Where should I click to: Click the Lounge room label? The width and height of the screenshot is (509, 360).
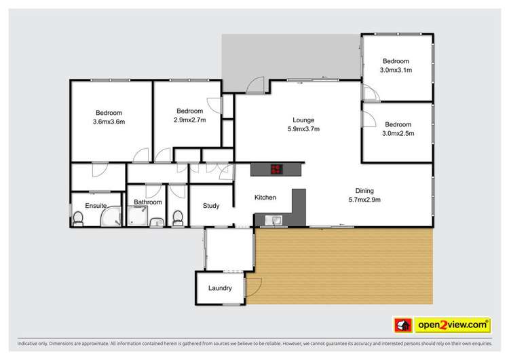click(x=303, y=120)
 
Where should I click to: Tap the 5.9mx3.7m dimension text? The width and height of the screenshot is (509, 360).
click(x=303, y=129)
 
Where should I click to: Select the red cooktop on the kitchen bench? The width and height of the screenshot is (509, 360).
click(x=276, y=170)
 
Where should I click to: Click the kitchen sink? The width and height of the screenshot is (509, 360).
click(x=276, y=219)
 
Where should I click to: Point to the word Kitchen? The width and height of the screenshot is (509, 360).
click(x=265, y=198)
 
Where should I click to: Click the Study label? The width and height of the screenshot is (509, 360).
click(x=211, y=205)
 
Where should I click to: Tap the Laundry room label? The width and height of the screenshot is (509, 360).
click(x=220, y=288)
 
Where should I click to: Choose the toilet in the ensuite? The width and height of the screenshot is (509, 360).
click(x=78, y=218)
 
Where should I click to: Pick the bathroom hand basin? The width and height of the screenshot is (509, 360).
click(x=155, y=221)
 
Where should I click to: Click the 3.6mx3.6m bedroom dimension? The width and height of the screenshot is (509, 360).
click(x=109, y=122)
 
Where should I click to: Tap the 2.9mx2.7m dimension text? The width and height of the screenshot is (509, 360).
click(x=190, y=120)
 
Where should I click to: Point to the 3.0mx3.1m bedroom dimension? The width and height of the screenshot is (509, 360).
click(x=396, y=70)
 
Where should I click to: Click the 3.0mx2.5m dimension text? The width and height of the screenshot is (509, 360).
click(x=398, y=133)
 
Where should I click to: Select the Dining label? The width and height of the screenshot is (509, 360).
click(x=365, y=191)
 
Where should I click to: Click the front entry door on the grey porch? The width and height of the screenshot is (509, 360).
click(x=256, y=86)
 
